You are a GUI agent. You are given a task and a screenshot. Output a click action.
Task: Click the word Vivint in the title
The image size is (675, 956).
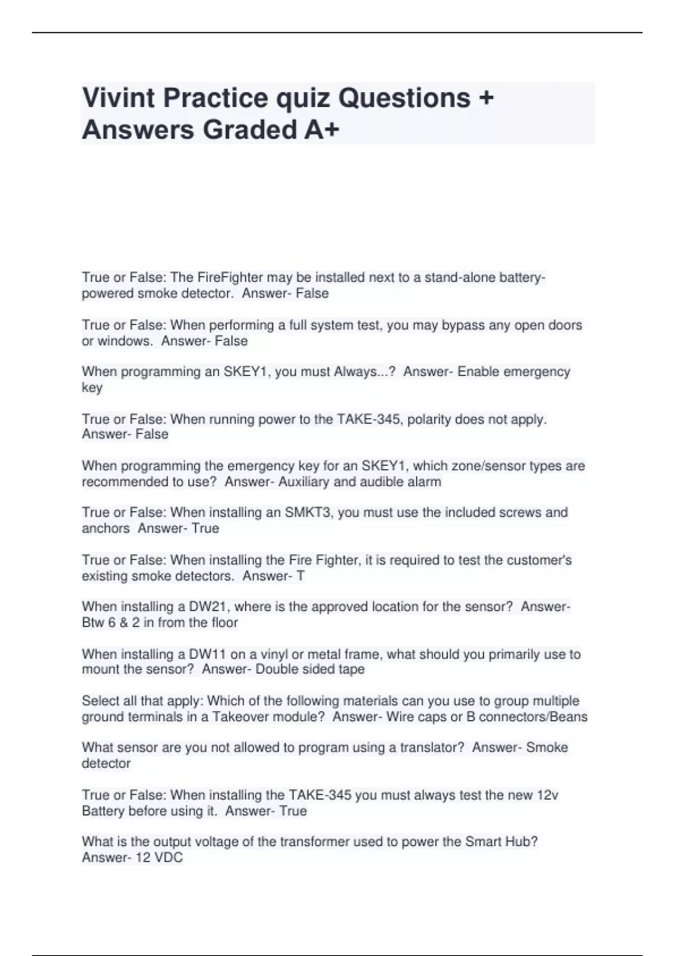click(x=119, y=98)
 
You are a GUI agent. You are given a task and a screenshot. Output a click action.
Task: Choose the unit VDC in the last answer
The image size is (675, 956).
click(x=168, y=858)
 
